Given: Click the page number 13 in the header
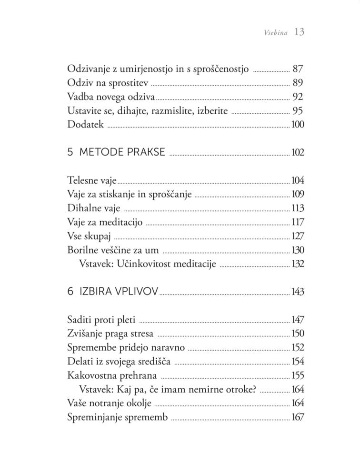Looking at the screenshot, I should pos(299,32).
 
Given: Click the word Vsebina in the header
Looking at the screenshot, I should pos(275,33).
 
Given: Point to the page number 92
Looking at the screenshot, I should pos(298,97).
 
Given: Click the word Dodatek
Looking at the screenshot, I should pos(86,125).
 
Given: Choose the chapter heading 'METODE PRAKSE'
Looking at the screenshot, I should pos(122,153).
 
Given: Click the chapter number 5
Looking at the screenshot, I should pos(70,153).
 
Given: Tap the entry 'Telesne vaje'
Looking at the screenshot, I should pos(92,181).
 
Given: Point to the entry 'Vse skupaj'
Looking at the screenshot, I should pos(89,236).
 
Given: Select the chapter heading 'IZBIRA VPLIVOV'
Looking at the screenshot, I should pos(119,292).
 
